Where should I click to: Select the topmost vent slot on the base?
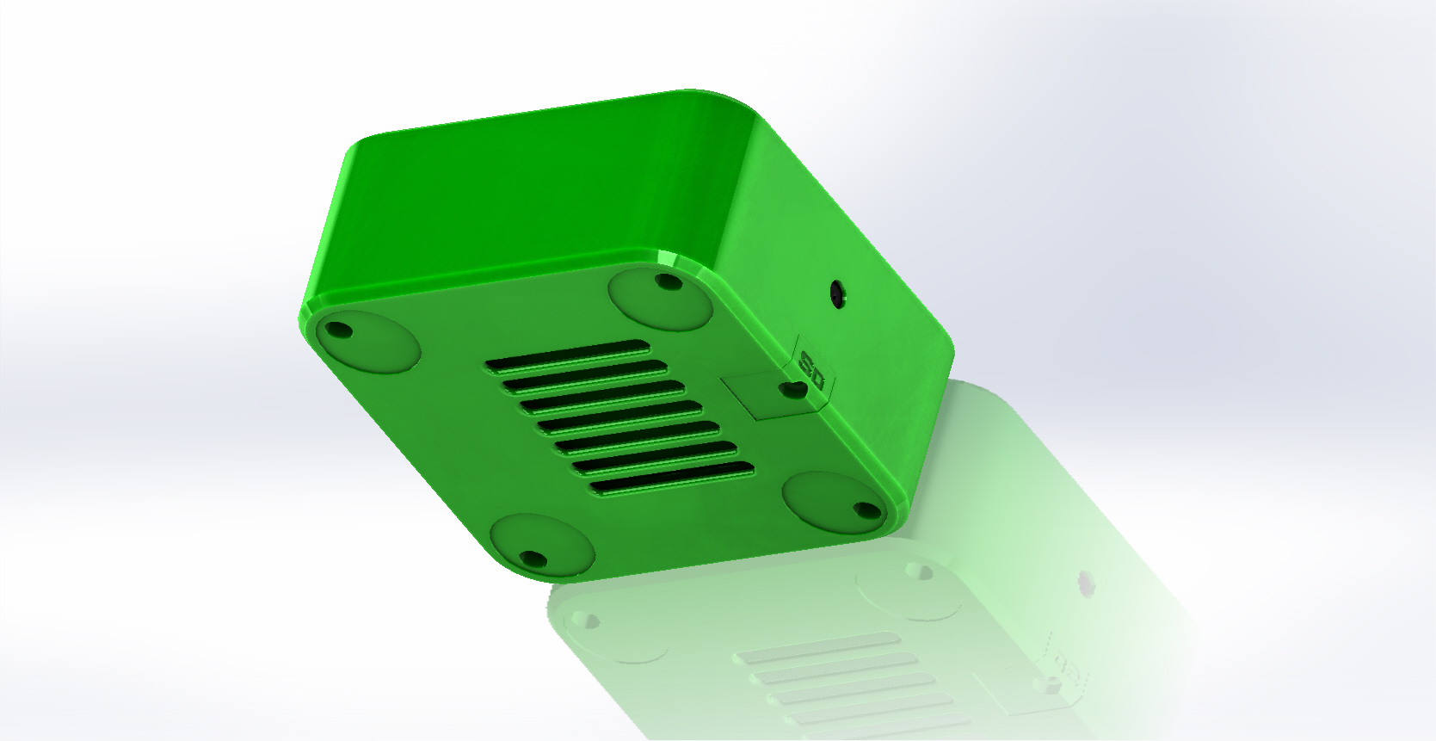[x=568, y=355]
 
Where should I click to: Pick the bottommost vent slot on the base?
[x=672, y=479]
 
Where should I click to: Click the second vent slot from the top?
[x=585, y=376]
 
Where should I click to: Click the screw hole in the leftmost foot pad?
[x=338, y=330]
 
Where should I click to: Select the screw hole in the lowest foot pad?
[x=533, y=559]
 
